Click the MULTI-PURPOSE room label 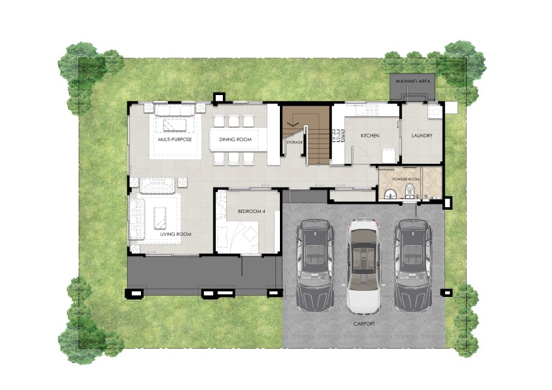pos(174,140)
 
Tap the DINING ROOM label pos(235,140)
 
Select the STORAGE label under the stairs pos(294,142)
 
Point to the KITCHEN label pos(370,136)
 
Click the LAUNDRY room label pos(422,136)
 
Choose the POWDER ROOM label pos(406,179)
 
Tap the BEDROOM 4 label pos(251,212)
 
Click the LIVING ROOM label pos(176,234)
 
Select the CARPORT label pos(365,324)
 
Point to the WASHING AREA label pos(412,81)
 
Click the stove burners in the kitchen pos(338,136)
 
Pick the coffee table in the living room pos(160,218)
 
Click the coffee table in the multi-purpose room pos(174,125)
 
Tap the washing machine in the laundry pos(434,111)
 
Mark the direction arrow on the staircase pos(292,125)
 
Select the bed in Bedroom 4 pos(238,237)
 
